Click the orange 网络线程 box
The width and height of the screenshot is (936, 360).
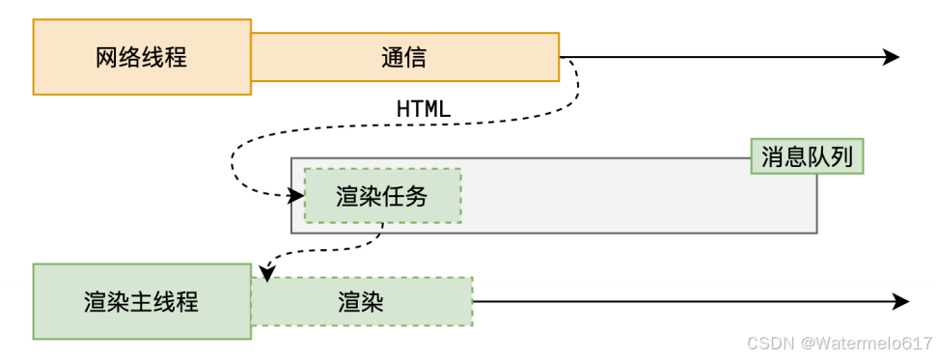pos(142,57)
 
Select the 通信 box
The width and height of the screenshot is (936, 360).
pos(404,57)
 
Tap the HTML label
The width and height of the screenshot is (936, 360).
pos(424,109)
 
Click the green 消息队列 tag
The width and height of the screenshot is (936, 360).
pos(807,156)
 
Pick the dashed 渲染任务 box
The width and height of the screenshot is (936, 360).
pos(383,196)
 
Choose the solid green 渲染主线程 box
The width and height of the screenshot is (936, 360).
pos(142,301)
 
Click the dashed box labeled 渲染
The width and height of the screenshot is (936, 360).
pos(362,301)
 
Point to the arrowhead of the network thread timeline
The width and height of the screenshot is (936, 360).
pos(892,57)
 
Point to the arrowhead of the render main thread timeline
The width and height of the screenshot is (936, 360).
pos(901,301)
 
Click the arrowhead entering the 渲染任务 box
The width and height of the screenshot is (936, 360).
pos(297,195)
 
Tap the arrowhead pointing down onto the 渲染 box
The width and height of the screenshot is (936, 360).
pos(267,273)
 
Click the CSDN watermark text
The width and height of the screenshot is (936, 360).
pos(771,343)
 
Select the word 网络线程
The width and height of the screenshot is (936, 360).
pos(142,57)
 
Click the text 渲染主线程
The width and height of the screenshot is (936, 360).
pos(142,302)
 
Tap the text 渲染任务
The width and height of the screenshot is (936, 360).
pos(382,197)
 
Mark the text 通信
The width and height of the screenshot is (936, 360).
pos(404,57)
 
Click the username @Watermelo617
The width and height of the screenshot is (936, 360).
pos(867,343)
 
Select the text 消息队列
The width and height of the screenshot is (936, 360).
pos(807,157)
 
